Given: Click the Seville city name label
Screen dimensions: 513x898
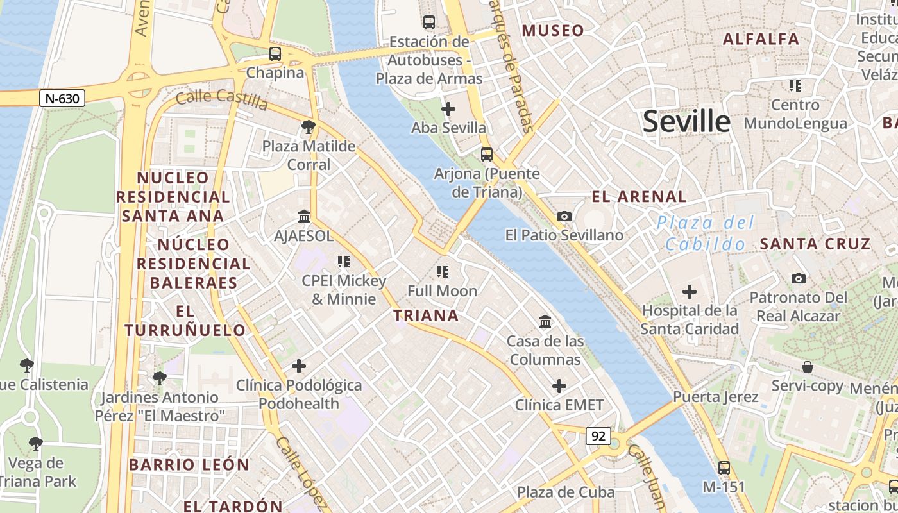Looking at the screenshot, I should (x=686, y=121).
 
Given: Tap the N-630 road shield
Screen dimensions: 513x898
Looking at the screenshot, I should (x=62, y=98).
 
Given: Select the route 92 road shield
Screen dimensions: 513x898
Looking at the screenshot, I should (x=598, y=436).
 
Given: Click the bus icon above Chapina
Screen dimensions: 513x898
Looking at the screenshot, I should (x=275, y=54).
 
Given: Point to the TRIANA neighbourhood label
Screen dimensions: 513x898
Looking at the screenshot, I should (x=426, y=315).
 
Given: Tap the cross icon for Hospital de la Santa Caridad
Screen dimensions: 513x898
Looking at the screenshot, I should (x=690, y=292).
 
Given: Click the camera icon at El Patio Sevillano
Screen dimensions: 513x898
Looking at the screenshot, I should (x=564, y=217).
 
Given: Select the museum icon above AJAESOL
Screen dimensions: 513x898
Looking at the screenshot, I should (x=304, y=217).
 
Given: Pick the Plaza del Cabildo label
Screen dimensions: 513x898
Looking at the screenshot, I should (x=706, y=233).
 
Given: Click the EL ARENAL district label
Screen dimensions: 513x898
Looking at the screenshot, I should (x=639, y=197).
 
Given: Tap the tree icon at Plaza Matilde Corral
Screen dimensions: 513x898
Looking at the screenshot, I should (x=309, y=127).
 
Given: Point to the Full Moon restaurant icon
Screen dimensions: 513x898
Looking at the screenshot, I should (x=442, y=272).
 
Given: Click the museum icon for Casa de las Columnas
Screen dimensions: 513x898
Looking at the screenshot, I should (x=545, y=321).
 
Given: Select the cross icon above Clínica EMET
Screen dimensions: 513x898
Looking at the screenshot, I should (x=559, y=386).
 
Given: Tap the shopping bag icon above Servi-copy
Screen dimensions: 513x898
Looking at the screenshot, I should (x=808, y=367).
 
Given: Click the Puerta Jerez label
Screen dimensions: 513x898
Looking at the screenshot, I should (x=716, y=397).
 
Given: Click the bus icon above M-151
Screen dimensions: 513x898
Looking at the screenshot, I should (x=724, y=468).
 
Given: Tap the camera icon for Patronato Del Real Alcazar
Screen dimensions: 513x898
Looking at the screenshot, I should (x=799, y=278).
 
